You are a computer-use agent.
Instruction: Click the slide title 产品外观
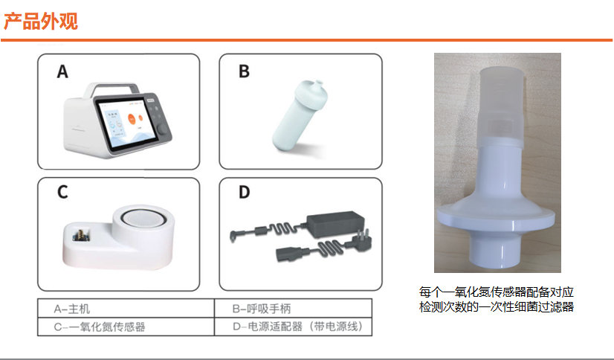pyautogui.click(x=41, y=21)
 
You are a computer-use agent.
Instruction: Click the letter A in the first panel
pyautogui.click(x=62, y=71)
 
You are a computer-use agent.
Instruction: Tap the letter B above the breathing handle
pyautogui.click(x=244, y=71)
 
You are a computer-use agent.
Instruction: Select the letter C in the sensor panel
pyautogui.click(x=62, y=192)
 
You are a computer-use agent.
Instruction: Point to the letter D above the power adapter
pyautogui.click(x=244, y=192)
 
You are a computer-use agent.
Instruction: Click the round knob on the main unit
pyautogui.click(x=162, y=129)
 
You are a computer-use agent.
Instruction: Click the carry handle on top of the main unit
pyautogui.click(x=112, y=89)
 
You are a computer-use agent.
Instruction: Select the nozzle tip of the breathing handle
pyautogui.click(x=319, y=83)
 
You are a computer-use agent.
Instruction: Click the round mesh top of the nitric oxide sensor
pyautogui.click(x=143, y=219)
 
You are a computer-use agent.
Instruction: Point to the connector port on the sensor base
pyautogui.click(x=81, y=236)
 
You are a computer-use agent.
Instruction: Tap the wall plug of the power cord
pyautogui.click(x=361, y=239)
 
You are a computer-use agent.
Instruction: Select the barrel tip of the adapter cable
pyautogui.click(x=233, y=237)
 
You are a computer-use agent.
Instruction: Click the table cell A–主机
pyautogui.click(x=126, y=308)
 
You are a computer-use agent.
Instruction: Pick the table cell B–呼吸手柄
pyautogui.click(x=293, y=308)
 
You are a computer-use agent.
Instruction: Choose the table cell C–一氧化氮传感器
pyautogui.click(x=126, y=327)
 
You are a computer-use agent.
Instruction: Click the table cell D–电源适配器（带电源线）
pyautogui.click(x=293, y=327)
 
